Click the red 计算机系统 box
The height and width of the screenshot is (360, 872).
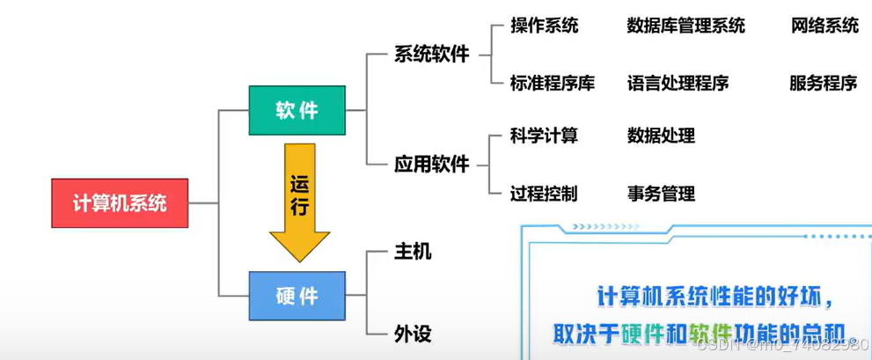coord(120,203)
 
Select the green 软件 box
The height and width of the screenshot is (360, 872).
coord(297,110)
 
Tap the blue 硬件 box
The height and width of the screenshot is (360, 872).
coord(297,295)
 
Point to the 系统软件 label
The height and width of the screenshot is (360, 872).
coord(432,55)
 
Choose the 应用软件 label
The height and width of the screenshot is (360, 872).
coord(432,165)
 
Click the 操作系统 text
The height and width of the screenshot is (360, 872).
coord(545,26)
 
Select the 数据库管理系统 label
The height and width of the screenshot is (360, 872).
coord(686,26)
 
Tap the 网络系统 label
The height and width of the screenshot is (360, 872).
coord(824,26)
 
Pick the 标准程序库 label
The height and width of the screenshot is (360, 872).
coord(553,84)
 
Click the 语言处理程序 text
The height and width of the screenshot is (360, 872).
coord(678,84)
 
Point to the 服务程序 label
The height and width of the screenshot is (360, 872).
coord(824,84)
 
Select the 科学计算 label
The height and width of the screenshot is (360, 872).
coord(544,136)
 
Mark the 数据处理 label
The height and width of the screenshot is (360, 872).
coord(661,136)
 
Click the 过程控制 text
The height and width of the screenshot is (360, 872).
coord(544,193)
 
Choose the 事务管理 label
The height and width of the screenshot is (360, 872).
coord(661,193)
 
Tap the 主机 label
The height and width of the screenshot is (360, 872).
coord(413,252)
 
